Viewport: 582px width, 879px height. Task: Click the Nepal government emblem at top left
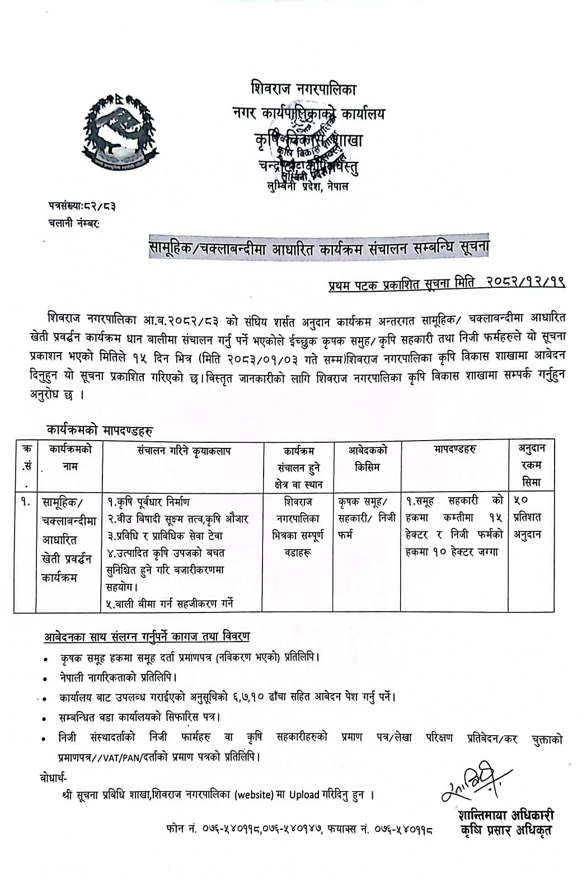point(117,132)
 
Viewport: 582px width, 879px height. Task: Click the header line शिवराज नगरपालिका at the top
point(303,90)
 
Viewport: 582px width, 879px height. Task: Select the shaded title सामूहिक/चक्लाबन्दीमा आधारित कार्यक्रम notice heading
point(318,247)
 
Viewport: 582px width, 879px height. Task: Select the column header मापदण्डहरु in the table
point(454,450)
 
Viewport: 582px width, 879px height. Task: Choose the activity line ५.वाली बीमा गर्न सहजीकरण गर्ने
point(169,603)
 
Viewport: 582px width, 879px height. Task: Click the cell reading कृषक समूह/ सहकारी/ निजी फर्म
point(367,518)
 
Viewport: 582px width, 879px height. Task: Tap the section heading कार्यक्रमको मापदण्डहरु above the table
point(100,431)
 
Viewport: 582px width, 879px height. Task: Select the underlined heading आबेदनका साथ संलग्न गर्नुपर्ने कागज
point(147,637)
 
